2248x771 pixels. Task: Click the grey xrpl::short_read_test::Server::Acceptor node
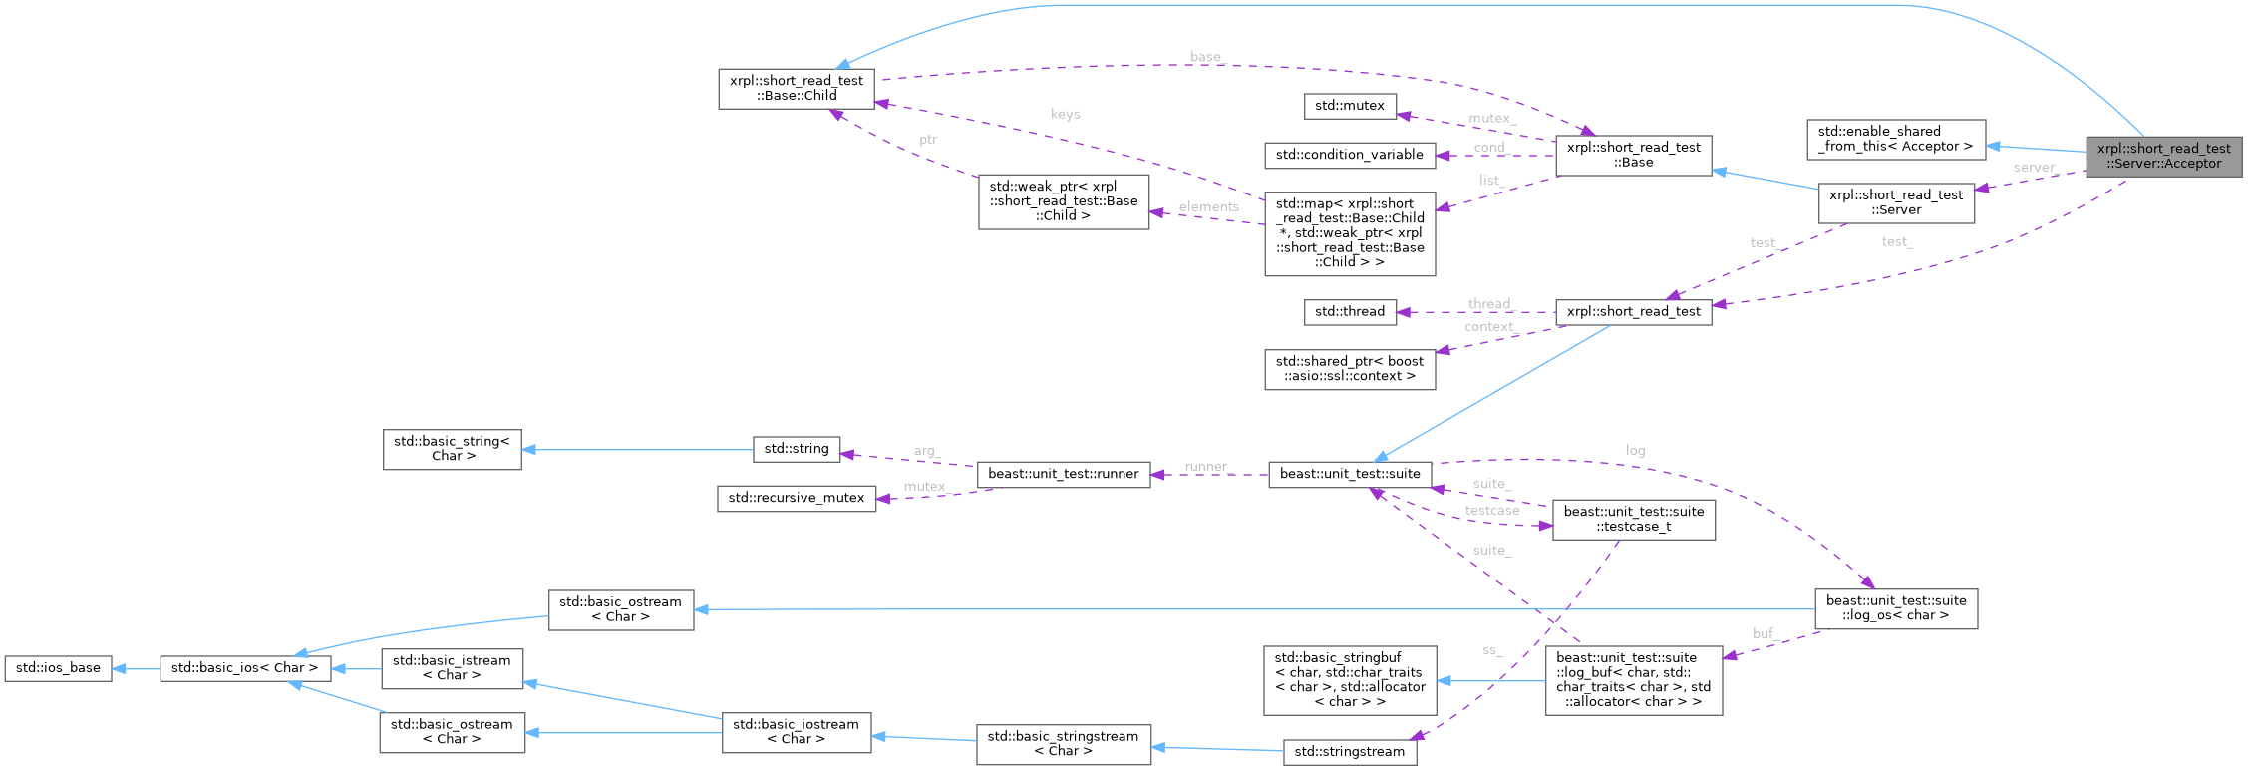pyautogui.click(x=2163, y=157)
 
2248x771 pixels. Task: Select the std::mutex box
pyautogui.click(x=1349, y=106)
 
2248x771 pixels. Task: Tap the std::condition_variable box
pyautogui.click(x=1349, y=155)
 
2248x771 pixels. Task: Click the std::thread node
pyautogui.click(x=1349, y=312)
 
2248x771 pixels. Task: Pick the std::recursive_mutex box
pyautogui.click(x=796, y=498)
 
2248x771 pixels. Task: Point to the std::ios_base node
pyautogui.click(x=58, y=668)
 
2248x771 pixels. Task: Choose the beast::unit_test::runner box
pyautogui.click(x=1063, y=474)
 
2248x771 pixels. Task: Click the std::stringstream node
pyautogui.click(x=1349, y=752)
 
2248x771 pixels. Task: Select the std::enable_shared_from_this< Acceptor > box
pyautogui.click(x=1895, y=139)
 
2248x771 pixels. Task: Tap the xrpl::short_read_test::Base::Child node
pyautogui.click(x=796, y=89)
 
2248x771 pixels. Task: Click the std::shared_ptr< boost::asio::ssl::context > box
pyautogui.click(x=1349, y=369)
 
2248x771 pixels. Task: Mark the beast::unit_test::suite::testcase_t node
pyautogui.click(x=1633, y=520)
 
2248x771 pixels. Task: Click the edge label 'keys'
pyautogui.click(x=1065, y=115)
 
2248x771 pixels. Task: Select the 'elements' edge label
pyautogui.click(x=1208, y=207)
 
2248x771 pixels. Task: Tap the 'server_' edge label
pyautogui.click(x=2035, y=168)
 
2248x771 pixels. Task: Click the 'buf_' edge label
pyautogui.click(x=1765, y=633)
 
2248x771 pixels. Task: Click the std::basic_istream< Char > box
pyautogui.click(x=452, y=668)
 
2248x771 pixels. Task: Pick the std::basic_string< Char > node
pyautogui.click(x=452, y=449)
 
